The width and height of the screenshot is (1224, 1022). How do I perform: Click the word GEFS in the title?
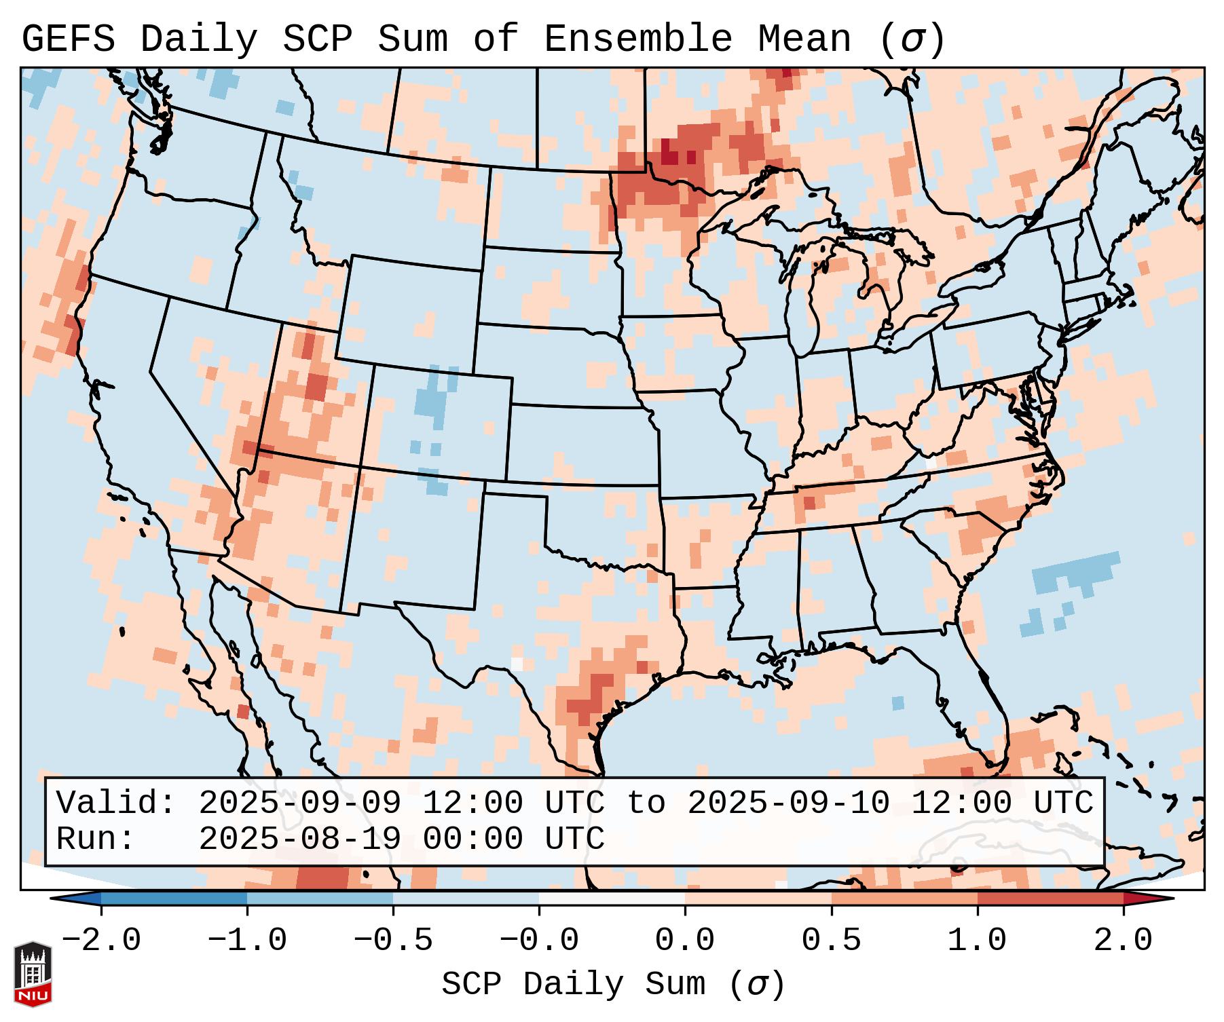(69, 39)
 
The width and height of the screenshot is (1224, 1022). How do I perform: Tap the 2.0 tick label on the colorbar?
(1124, 941)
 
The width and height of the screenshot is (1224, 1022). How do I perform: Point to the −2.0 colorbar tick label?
(101, 941)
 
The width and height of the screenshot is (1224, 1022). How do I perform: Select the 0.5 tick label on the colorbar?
(832, 941)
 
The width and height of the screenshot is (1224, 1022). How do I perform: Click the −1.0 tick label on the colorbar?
(247, 941)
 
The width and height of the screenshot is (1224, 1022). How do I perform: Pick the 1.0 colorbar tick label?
(978, 941)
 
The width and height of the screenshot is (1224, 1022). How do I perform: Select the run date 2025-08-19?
(299, 839)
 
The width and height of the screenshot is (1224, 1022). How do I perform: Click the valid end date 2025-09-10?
(788, 803)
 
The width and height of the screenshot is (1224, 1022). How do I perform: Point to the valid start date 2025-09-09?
(299, 803)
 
